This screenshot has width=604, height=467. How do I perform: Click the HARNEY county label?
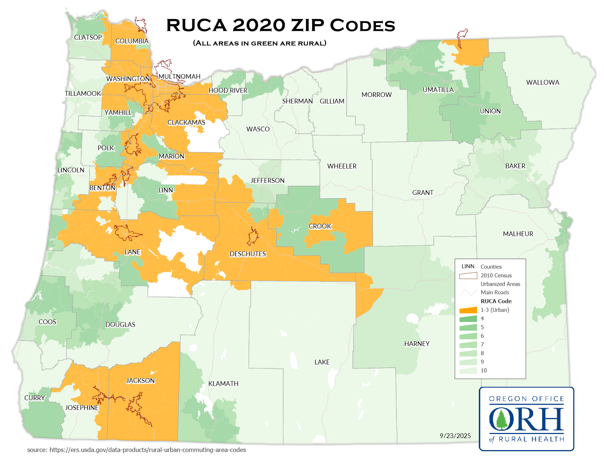coord(417,344)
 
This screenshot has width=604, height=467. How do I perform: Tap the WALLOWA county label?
coord(543,82)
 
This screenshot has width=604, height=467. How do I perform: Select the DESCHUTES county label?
coord(247,254)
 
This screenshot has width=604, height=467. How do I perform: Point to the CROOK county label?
coord(320,226)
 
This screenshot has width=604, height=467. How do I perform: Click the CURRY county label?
coord(34,398)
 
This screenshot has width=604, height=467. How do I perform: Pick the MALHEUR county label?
coord(518,234)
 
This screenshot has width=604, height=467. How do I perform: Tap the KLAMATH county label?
coord(223,383)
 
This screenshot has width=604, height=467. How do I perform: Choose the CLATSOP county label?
coord(88,37)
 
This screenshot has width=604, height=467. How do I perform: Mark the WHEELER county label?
coord(342,166)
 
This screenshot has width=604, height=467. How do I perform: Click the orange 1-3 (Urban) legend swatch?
coord(468,310)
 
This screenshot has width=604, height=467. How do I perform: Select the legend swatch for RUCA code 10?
coord(468,370)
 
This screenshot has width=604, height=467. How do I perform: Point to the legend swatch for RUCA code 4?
coord(468,319)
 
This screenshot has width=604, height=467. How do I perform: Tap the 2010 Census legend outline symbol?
coord(468,275)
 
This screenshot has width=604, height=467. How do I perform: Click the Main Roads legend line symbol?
coord(468,293)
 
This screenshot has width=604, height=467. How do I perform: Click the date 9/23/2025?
coord(455,436)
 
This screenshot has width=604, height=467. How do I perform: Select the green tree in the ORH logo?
coord(501,419)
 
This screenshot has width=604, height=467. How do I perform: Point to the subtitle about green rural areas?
coord(260,43)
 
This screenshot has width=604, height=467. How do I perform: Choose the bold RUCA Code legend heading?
coord(496,301)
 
